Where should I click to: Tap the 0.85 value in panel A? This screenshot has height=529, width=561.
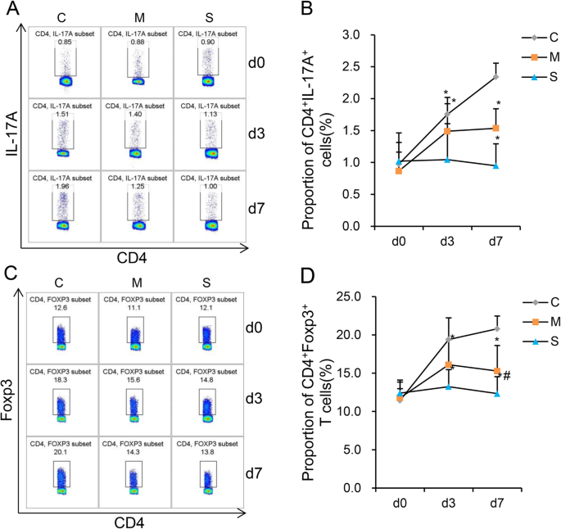point(64,43)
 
